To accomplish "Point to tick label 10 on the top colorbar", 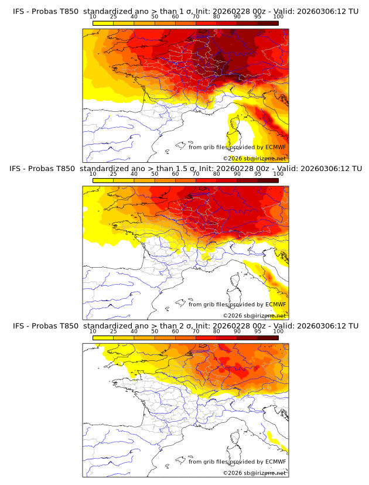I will [x=93, y=17].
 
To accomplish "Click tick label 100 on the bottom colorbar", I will [x=278, y=331].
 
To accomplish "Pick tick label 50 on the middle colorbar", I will [x=155, y=174].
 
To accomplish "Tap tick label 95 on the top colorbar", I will [x=258, y=17].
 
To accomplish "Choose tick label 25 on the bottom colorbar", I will [x=114, y=331].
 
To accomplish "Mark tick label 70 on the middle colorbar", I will [x=196, y=174].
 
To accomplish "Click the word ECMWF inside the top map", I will [x=276, y=148].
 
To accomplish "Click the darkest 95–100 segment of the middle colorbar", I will [x=268, y=180].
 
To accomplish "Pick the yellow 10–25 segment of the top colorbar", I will [x=103, y=23].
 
